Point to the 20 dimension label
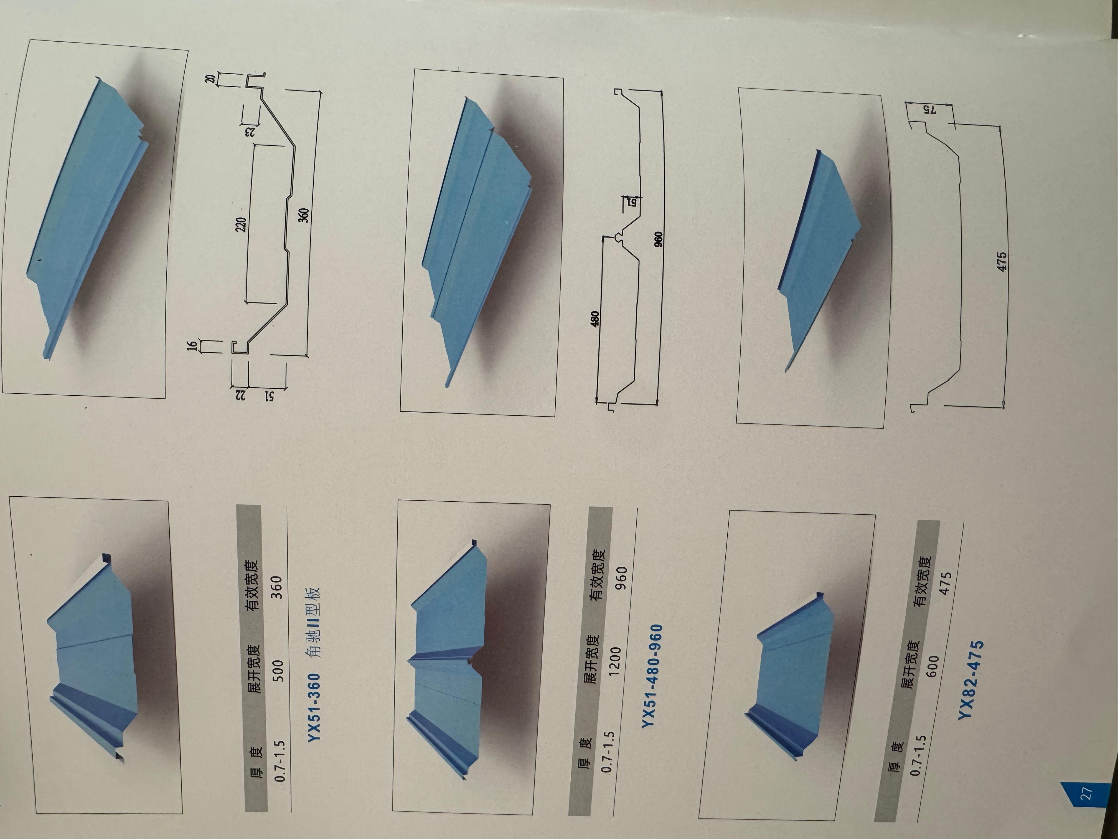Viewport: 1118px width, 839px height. coord(210,79)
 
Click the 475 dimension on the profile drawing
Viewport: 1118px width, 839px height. coord(1002,261)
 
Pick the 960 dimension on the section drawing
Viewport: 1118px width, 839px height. coord(658,239)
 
